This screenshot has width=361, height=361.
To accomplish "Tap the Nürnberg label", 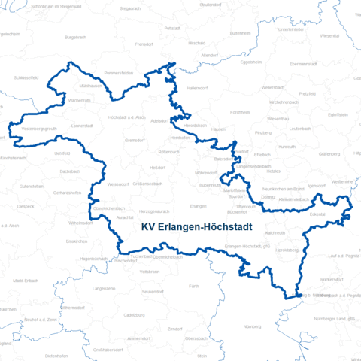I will (x=252, y=326).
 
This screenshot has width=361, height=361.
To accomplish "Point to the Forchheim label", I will (x=241, y=112).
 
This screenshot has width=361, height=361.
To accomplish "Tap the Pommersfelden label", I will (x=119, y=73).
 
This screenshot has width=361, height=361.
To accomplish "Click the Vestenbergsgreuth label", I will (x=35, y=129).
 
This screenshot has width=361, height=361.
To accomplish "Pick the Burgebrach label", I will (x=76, y=37).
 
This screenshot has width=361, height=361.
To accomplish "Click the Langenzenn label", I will (x=103, y=288).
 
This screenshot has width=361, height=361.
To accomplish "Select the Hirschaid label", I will (x=197, y=44).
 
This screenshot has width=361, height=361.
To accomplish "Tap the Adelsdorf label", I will (x=161, y=120).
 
